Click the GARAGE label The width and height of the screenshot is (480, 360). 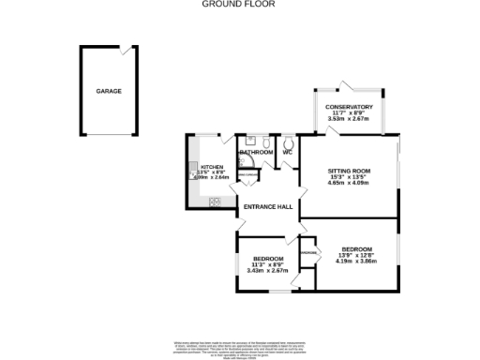click(108, 91)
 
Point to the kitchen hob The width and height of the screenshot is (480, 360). click(215, 201)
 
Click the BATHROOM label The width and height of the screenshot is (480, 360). click(256, 152)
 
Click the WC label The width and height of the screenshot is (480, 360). click(288, 152)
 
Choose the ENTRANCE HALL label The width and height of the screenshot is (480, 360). click(268, 207)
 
